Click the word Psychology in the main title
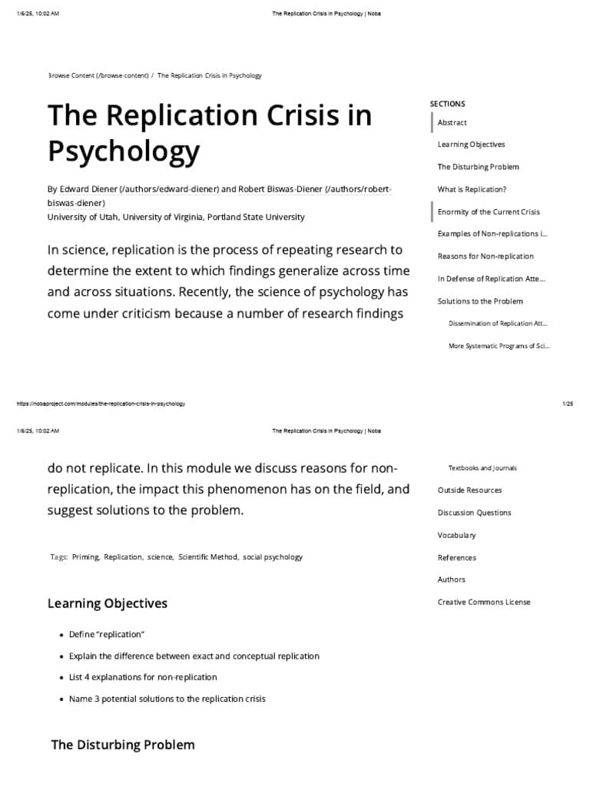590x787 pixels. (124, 151)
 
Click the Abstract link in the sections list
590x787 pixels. (452, 123)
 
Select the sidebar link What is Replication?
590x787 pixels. (472, 189)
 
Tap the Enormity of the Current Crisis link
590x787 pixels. (489, 212)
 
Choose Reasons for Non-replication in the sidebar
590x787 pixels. (486, 257)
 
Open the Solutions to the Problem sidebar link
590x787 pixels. (480, 301)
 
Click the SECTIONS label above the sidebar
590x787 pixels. (447, 104)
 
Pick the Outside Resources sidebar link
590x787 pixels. (469, 490)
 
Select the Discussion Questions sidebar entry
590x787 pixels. (474, 513)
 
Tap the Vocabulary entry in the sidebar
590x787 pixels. (456, 535)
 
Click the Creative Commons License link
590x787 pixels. (484, 602)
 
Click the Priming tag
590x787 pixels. (85, 557)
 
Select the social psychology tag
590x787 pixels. (273, 557)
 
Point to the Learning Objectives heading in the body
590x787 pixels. (108, 603)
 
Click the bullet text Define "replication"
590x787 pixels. (107, 634)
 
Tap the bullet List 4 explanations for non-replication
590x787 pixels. (143, 677)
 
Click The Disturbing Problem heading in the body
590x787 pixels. (123, 745)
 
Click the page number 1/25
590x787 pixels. (568, 403)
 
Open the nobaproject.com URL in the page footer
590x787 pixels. (101, 403)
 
